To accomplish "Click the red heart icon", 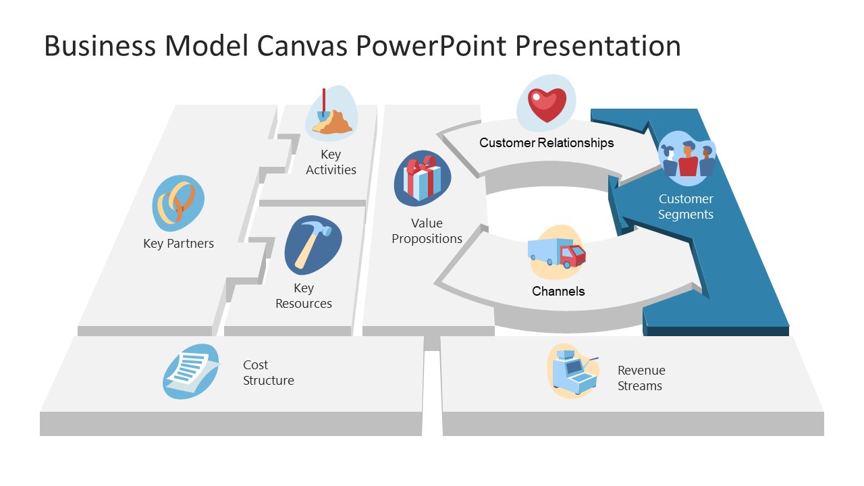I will tap(546, 104).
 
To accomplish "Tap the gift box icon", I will tap(423, 178).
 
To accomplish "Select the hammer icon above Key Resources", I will tap(313, 244).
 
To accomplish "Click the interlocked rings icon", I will tap(178, 202).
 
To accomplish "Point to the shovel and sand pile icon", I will tap(332, 113).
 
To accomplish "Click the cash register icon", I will tap(573, 372).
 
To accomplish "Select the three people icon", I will tap(687, 159).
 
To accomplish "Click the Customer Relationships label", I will tap(547, 142).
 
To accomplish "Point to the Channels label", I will tap(558, 291).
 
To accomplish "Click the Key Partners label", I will tap(178, 244).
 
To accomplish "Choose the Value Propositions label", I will tap(427, 231).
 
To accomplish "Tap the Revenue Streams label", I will tap(641, 378).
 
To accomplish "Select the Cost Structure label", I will tap(269, 373).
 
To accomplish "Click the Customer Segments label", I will tap(686, 207).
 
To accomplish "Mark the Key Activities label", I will tap(331, 162).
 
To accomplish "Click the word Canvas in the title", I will tap(305, 46).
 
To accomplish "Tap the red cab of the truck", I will tap(573, 256).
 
